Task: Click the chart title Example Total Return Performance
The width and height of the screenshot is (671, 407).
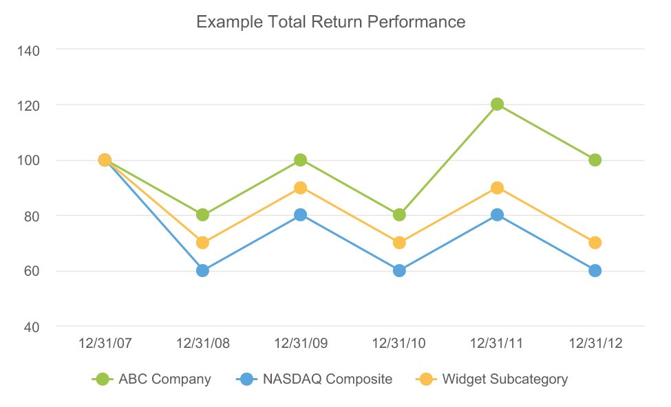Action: click(x=331, y=22)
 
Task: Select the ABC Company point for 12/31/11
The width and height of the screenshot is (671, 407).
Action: click(x=497, y=104)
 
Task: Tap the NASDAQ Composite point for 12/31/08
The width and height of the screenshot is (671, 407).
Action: click(x=202, y=270)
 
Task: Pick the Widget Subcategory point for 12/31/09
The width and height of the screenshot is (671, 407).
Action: click(x=301, y=188)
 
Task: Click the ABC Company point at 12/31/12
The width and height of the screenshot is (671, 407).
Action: click(x=595, y=160)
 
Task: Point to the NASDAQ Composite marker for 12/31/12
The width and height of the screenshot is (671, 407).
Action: click(x=595, y=270)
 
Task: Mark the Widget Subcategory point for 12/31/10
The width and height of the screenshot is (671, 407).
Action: click(x=399, y=243)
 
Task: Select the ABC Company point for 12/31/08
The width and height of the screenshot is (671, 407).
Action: click(x=202, y=215)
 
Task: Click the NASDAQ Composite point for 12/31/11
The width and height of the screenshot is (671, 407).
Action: click(x=497, y=215)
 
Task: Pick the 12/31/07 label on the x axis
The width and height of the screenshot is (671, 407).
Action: click(x=104, y=343)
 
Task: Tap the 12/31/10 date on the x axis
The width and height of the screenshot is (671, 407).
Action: click(x=399, y=343)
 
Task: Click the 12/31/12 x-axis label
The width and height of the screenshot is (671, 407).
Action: click(x=595, y=343)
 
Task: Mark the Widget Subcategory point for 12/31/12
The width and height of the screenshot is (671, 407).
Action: click(x=595, y=243)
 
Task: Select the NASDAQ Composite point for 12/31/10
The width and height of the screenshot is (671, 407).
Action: click(x=399, y=270)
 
